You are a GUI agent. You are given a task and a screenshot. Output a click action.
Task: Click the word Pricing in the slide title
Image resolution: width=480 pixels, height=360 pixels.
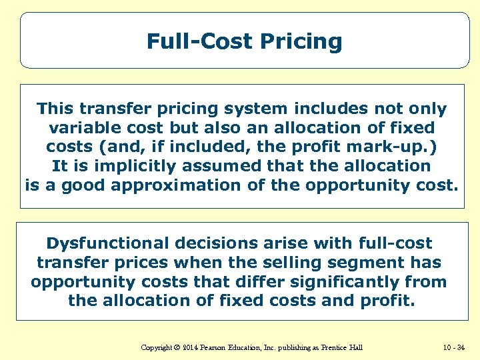click(301, 42)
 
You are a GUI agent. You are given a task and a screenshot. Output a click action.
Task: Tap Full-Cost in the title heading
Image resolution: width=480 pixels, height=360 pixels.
click(200, 42)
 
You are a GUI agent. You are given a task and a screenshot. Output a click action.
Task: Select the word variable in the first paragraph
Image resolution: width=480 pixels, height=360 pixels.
click(85, 127)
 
